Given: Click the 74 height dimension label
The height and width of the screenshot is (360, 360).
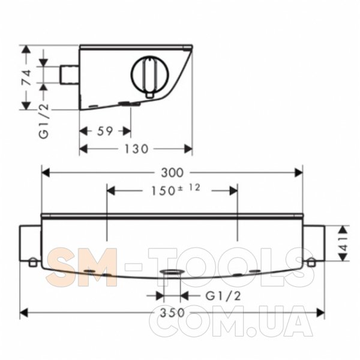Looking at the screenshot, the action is [26, 77].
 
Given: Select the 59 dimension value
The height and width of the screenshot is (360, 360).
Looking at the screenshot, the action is [105, 131].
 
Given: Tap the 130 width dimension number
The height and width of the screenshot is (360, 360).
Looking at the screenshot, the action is [136, 149].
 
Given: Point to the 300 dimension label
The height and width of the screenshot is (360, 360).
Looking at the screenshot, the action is [172, 173].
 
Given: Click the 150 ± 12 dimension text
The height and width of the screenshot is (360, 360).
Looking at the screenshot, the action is [176, 190].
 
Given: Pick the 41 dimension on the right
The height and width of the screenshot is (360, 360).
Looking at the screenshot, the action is [343, 243].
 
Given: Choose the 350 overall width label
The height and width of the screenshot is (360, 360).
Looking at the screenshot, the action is [172, 313].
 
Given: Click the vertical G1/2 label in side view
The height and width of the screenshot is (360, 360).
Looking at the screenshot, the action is [44, 121].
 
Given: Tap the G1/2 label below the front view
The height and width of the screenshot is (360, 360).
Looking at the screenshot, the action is [223, 296].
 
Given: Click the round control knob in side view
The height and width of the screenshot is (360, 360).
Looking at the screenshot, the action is [149, 74].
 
